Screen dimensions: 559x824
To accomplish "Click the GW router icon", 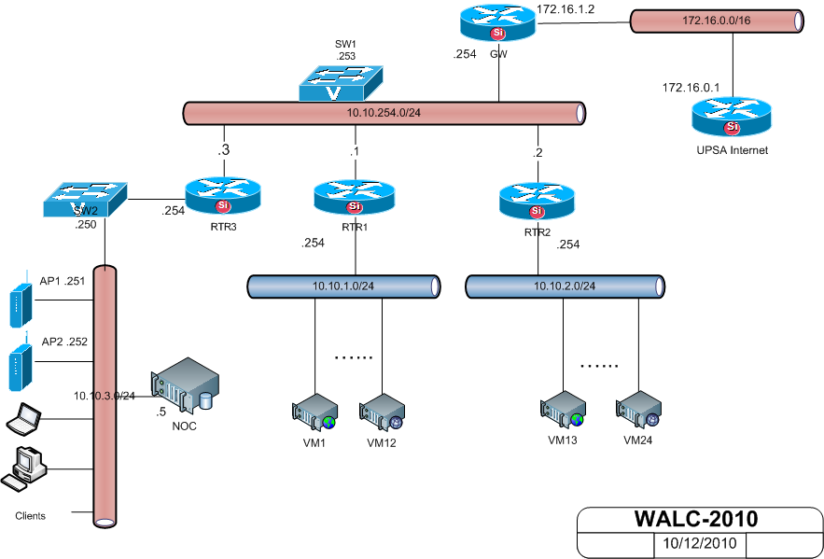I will [x=497, y=23].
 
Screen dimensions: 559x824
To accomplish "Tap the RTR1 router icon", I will [x=354, y=196].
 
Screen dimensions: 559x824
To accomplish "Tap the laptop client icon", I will [x=24, y=421].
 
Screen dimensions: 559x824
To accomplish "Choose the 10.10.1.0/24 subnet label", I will [x=342, y=286].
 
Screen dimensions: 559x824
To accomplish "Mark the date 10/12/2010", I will [x=700, y=542].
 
